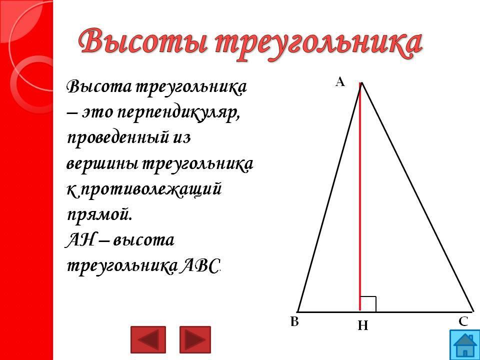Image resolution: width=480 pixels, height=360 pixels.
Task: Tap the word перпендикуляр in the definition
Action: pyautogui.click(x=178, y=114)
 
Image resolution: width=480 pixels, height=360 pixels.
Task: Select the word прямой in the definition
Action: pyautogui.click(x=99, y=215)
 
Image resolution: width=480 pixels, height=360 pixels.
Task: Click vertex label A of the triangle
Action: pyautogui.click(x=340, y=82)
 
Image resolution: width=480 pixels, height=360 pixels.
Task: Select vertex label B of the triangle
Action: pyautogui.click(x=294, y=321)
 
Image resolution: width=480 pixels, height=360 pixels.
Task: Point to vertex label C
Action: pyautogui.click(x=463, y=321)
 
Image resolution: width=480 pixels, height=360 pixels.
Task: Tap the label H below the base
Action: pyautogui.click(x=363, y=325)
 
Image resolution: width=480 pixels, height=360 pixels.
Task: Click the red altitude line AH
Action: pyautogui.click(x=360, y=196)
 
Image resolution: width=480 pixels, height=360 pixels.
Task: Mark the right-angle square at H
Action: pyautogui.click(x=368, y=304)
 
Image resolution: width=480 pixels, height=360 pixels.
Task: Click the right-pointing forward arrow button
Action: pyautogui.click(x=195, y=339)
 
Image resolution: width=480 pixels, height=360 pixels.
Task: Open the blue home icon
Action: pyautogui.click(x=464, y=345)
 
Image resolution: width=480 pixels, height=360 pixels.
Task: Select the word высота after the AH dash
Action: pyautogui.click(x=143, y=240)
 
